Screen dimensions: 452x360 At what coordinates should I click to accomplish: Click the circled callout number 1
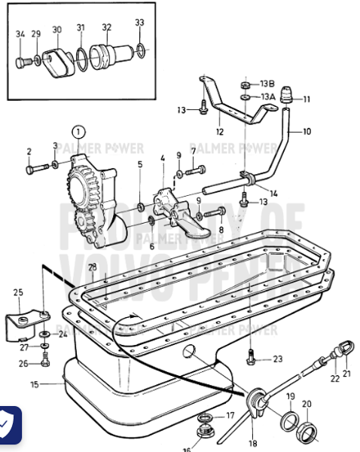click(80, 135)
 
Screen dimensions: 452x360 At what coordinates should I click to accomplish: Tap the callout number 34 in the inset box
click(20, 33)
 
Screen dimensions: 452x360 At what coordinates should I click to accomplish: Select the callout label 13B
click(268, 84)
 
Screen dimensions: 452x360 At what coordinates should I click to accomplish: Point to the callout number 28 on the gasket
click(91, 267)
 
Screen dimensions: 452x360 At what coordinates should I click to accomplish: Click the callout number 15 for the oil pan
click(34, 384)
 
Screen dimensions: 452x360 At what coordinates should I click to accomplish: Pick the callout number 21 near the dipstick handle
click(346, 372)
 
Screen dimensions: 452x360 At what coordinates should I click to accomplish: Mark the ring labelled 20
click(307, 432)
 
